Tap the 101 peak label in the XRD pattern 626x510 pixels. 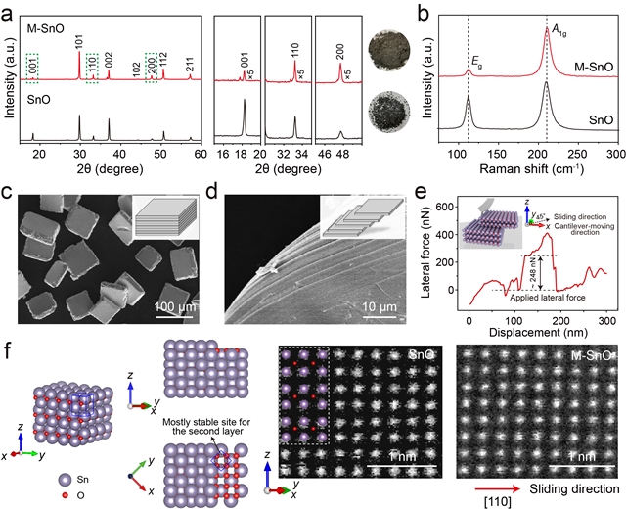(x=80, y=43)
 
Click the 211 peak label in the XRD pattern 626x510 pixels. (x=189, y=63)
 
